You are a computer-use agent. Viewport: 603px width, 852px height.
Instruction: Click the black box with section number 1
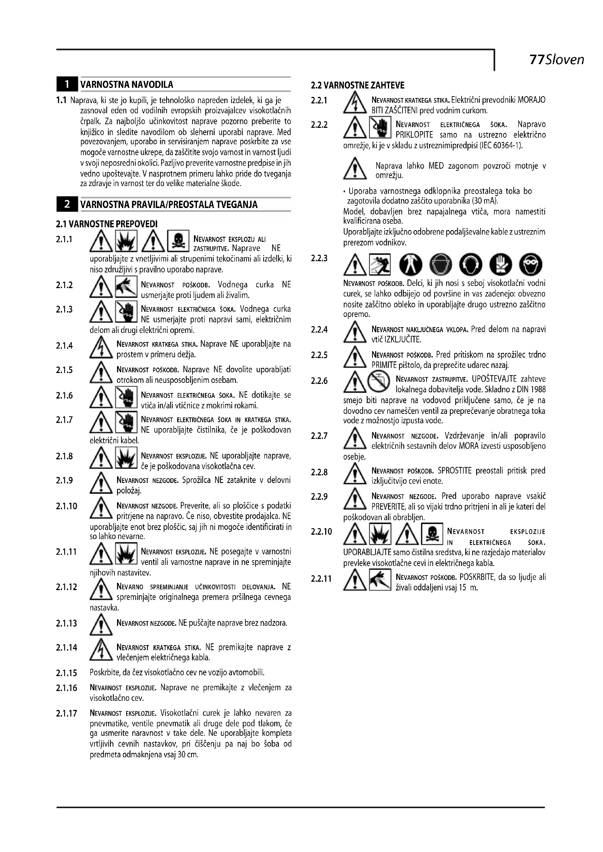67,85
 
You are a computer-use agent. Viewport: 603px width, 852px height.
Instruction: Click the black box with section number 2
67,204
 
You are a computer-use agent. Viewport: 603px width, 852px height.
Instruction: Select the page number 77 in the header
537,60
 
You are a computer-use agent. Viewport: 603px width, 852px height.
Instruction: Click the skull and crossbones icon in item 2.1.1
178,241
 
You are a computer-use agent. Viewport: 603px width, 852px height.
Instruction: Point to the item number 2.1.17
66,713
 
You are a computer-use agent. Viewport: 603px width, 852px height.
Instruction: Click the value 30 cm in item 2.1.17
188,755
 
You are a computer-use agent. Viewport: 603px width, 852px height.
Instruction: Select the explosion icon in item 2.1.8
126,458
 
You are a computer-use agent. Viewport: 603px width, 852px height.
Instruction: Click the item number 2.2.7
319,436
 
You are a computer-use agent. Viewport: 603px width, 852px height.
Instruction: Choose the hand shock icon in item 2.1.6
126,397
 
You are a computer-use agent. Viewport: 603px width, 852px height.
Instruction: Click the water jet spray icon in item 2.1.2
126,287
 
